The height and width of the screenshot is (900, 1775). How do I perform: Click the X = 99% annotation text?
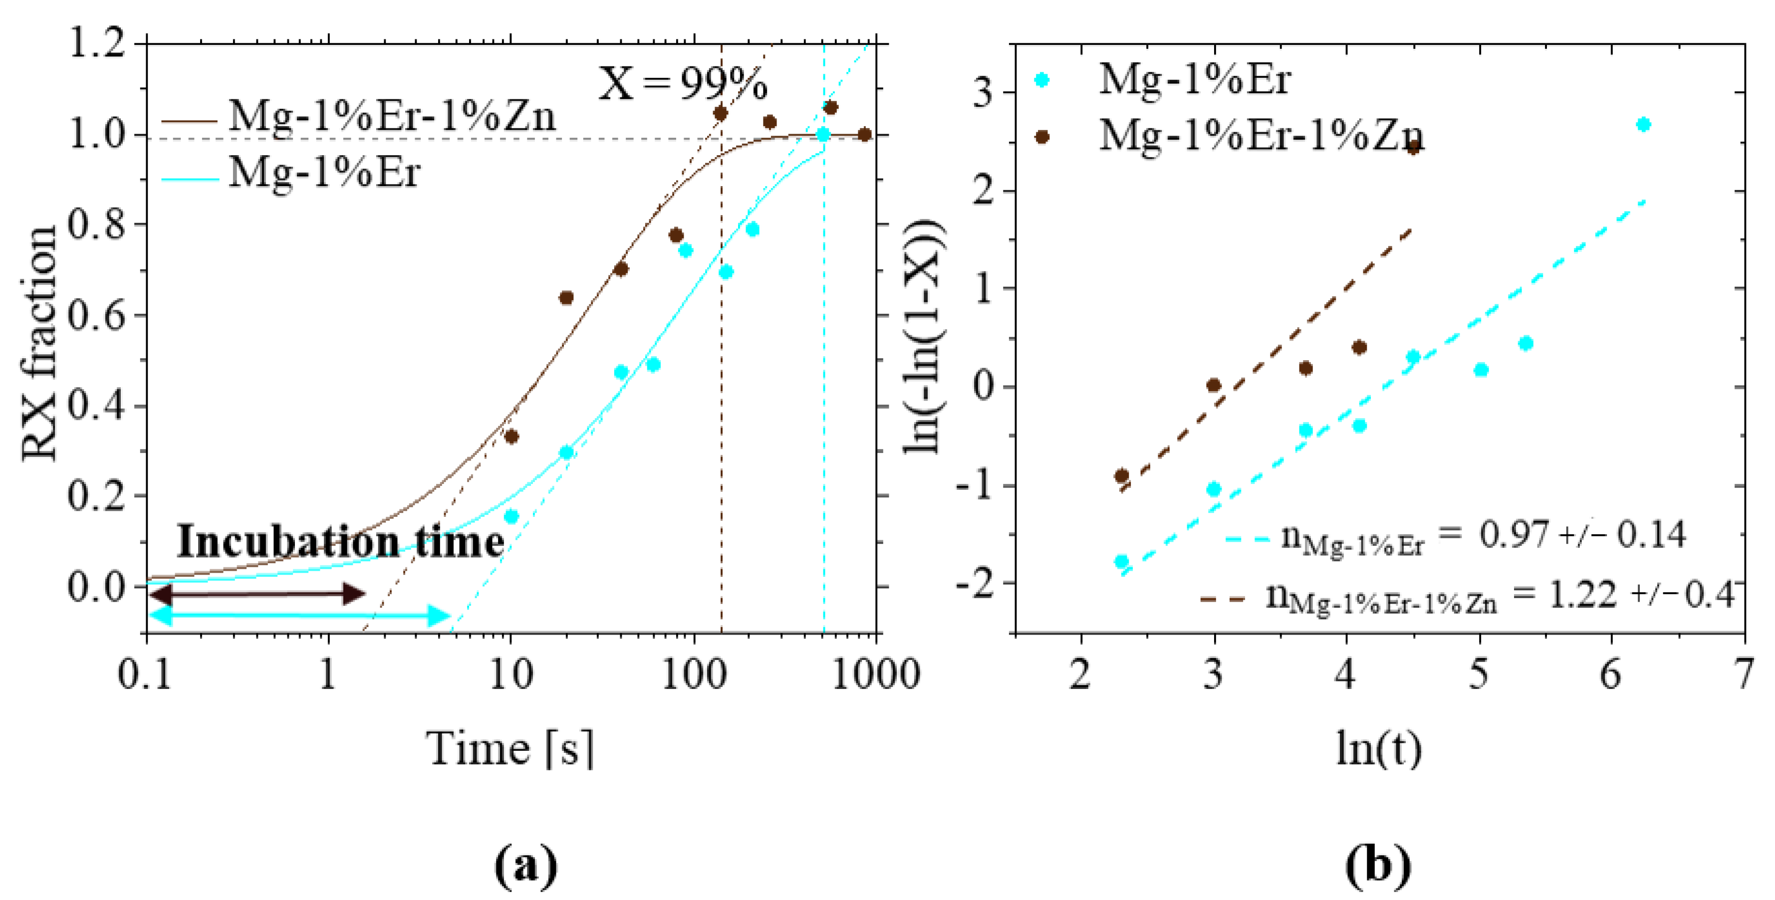tap(682, 84)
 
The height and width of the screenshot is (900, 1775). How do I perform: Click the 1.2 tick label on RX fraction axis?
tap(96, 44)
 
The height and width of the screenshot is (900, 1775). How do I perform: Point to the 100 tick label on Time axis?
tap(693, 674)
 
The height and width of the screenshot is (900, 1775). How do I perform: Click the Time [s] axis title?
tap(510, 748)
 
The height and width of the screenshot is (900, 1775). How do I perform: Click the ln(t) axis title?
tap(1378, 748)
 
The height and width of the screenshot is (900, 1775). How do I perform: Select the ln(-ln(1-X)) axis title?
tap(923, 338)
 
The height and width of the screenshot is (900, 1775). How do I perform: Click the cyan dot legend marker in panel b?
tap(1042, 80)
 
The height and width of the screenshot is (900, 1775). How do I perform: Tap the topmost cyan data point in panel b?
tap(1643, 125)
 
